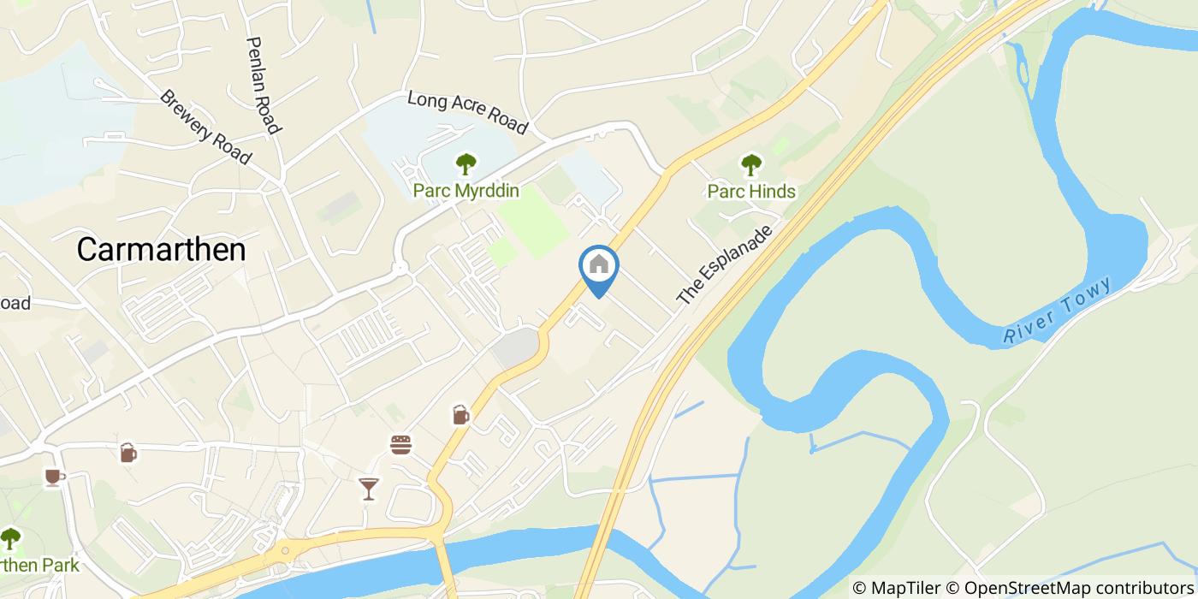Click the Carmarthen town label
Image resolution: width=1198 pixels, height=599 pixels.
[161, 250]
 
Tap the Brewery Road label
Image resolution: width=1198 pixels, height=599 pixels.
[205, 128]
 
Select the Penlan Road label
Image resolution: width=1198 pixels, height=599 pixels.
[263, 85]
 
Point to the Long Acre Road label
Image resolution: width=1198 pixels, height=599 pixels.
[466, 112]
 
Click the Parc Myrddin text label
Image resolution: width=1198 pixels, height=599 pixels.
[466, 190]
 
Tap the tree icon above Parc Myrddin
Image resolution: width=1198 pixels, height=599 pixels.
[466, 163]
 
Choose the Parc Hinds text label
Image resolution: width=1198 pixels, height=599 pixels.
[751, 191]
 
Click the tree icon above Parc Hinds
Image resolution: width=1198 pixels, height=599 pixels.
[750, 163]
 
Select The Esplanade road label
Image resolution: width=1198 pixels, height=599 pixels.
[724, 265]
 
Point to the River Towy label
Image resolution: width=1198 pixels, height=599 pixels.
[1058, 311]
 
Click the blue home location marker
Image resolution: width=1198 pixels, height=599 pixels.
[599, 267]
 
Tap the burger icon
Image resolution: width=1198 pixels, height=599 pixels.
[400, 445]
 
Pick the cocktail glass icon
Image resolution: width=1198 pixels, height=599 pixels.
[368, 489]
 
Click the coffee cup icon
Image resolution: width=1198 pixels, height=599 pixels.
[54, 477]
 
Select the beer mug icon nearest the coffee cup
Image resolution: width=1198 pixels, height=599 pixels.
[128, 453]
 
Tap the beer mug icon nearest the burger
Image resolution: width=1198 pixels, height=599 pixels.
[460, 416]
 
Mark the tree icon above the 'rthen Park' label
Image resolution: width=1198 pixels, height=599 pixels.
[9, 539]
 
